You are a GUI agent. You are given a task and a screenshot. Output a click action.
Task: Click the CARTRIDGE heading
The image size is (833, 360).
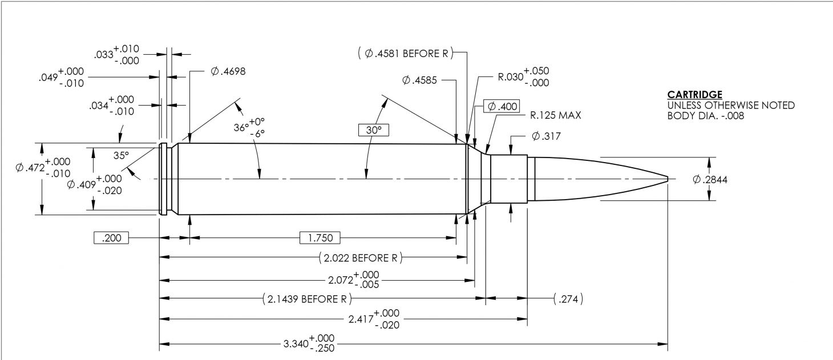(694, 94)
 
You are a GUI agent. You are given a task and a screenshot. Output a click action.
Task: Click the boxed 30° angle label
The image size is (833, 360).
(373, 130)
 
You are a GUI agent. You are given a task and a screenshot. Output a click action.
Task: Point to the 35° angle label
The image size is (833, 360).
(120, 155)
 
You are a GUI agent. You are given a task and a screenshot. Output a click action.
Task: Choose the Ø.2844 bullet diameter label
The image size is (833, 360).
(710, 180)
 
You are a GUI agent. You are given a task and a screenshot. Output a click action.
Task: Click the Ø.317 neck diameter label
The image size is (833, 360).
(545, 136)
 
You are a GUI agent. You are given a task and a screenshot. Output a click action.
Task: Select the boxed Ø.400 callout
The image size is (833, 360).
(501, 107)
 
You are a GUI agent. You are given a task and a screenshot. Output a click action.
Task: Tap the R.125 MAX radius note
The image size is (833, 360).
(555, 115)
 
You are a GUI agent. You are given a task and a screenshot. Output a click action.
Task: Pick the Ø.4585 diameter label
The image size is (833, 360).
(419, 80)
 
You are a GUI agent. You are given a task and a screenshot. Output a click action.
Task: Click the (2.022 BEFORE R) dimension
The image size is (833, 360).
(360, 258)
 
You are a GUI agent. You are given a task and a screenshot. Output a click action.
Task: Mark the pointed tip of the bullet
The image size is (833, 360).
(668, 179)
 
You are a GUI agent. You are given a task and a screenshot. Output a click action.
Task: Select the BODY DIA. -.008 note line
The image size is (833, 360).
(705, 116)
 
